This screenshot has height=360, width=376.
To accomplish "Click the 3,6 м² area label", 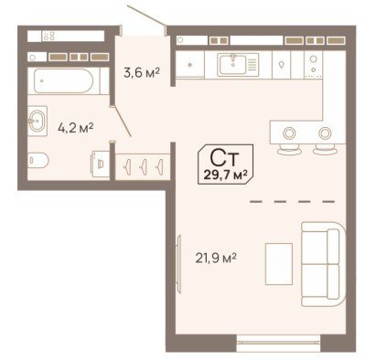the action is tap(142, 72).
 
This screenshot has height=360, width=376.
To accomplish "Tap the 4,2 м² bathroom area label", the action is tap(76, 128).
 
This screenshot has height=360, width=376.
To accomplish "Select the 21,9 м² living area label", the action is tap(216, 259).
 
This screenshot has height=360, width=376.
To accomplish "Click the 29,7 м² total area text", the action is tap(225, 175).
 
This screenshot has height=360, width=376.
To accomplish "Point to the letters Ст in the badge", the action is tap(225, 158).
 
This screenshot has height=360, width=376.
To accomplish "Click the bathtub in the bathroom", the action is tap(64, 80).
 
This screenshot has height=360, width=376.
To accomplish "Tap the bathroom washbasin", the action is tap(38, 121).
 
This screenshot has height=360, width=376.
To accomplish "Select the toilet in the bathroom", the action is tap(38, 160).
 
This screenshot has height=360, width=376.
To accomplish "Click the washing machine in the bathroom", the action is tap(101, 164).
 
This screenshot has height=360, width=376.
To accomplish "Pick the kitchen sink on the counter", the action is tap(238, 64).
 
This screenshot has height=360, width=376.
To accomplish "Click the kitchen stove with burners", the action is tap(313, 64).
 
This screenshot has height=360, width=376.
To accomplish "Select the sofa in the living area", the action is tap(323, 264).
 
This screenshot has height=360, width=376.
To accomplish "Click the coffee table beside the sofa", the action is tap(279, 264).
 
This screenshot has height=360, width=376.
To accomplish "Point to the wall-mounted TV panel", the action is tap(179, 264).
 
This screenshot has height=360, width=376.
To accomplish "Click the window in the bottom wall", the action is tap(278, 343).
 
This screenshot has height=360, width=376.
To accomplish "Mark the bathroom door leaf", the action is tap(122, 122).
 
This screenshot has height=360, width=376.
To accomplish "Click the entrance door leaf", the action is tap(147, 17).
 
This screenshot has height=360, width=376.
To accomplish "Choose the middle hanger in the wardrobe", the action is tap(144, 167).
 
